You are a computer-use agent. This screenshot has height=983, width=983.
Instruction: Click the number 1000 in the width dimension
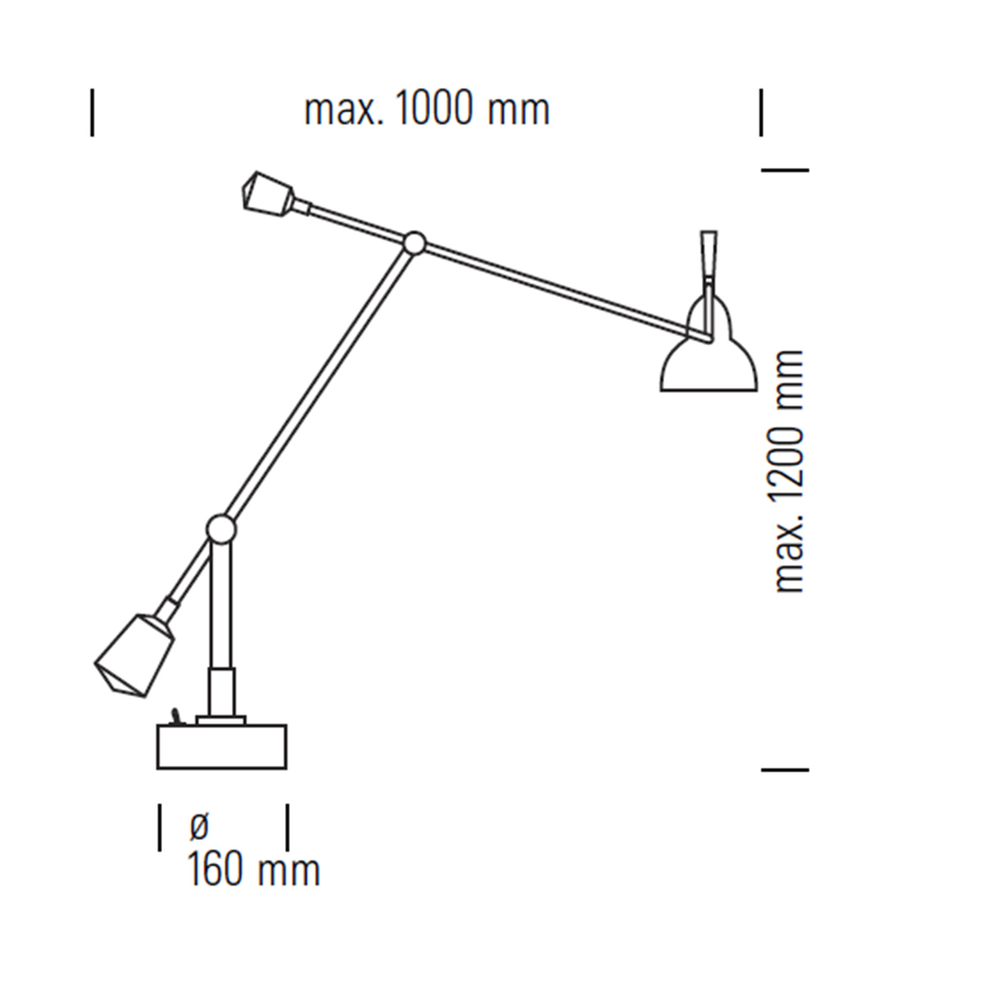(x=433, y=108)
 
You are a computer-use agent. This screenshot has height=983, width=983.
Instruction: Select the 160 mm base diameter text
(x=253, y=871)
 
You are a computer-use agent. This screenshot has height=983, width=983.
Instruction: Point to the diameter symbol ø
(x=199, y=827)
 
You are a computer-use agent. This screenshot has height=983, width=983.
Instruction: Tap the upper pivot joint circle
(x=414, y=242)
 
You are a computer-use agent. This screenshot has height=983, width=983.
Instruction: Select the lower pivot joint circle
(x=221, y=528)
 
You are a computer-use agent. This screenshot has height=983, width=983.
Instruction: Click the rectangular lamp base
(x=221, y=747)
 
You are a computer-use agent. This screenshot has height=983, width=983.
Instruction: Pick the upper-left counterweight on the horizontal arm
(x=267, y=193)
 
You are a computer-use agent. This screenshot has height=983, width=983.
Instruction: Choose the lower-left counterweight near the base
(x=134, y=655)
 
